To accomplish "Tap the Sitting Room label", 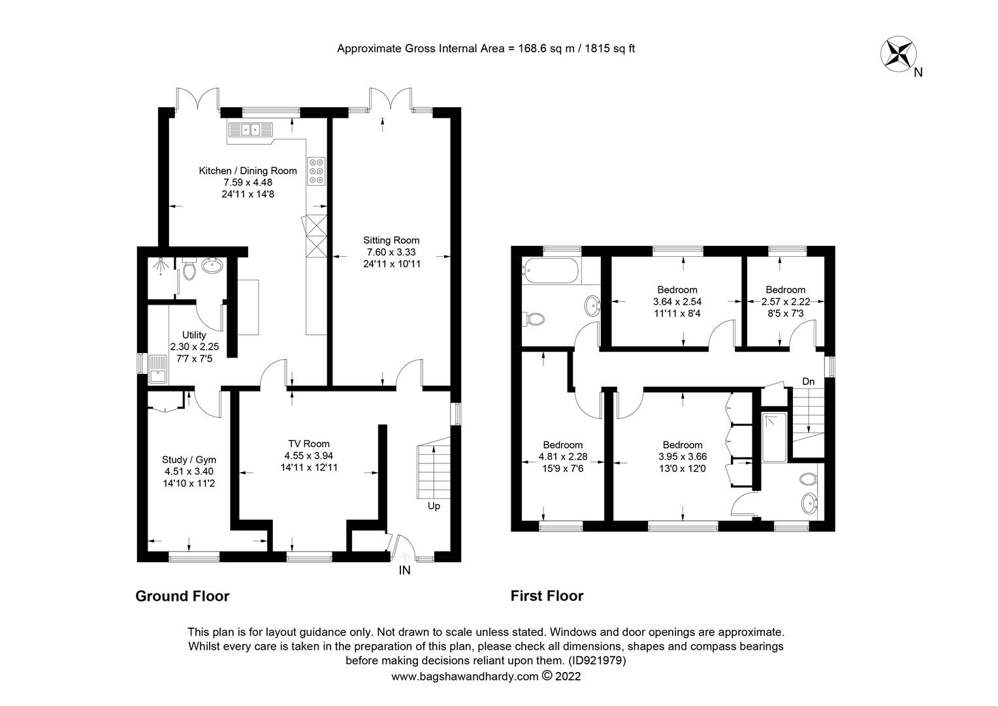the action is (x=391, y=241).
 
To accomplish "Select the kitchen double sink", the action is (x=250, y=129).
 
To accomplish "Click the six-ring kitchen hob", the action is (x=316, y=171).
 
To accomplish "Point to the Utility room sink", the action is (x=157, y=369).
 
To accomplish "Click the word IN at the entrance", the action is (x=404, y=570).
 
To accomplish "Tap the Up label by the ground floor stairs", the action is (x=434, y=506).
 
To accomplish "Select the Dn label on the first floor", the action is (x=808, y=381).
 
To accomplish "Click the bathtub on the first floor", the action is (x=551, y=271).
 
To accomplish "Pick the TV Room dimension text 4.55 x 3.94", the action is (x=309, y=456).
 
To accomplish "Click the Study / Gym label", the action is (x=189, y=460).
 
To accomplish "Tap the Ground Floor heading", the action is (x=182, y=596).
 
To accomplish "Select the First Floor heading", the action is (x=547, y=596).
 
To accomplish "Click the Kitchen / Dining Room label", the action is (x=248, y=171).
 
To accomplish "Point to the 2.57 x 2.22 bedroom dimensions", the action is (x=786, y=301).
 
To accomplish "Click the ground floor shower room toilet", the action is (x=189, y=270).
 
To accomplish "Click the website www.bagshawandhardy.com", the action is (x=464, y=677).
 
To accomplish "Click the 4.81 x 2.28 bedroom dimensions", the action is (x=563, y=456).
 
